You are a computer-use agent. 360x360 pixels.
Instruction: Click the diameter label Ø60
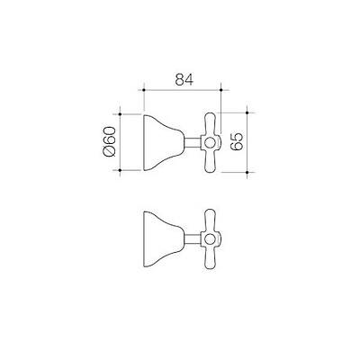point(110,141)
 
